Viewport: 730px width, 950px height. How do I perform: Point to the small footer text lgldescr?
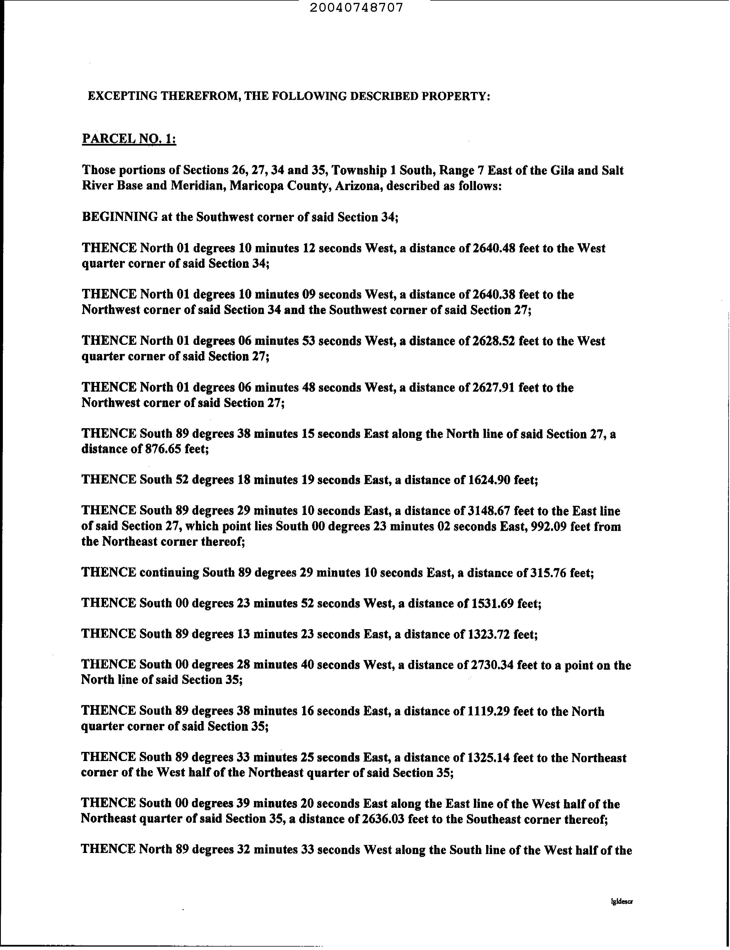[x=621, y=902]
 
